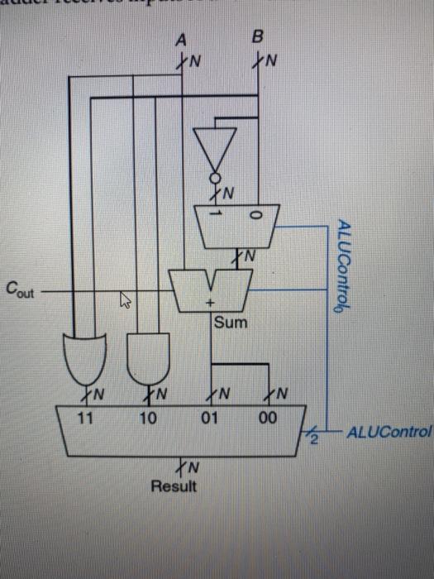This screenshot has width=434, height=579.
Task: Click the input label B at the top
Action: pos(257,38)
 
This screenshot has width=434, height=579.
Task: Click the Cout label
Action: pos(20,289)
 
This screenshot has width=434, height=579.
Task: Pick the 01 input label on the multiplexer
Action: pos(210,418)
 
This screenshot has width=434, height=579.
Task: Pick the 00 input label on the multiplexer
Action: pos(266,418)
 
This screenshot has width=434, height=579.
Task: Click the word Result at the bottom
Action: pos(174,486)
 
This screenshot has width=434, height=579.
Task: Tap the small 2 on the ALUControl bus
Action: pos(314,438)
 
